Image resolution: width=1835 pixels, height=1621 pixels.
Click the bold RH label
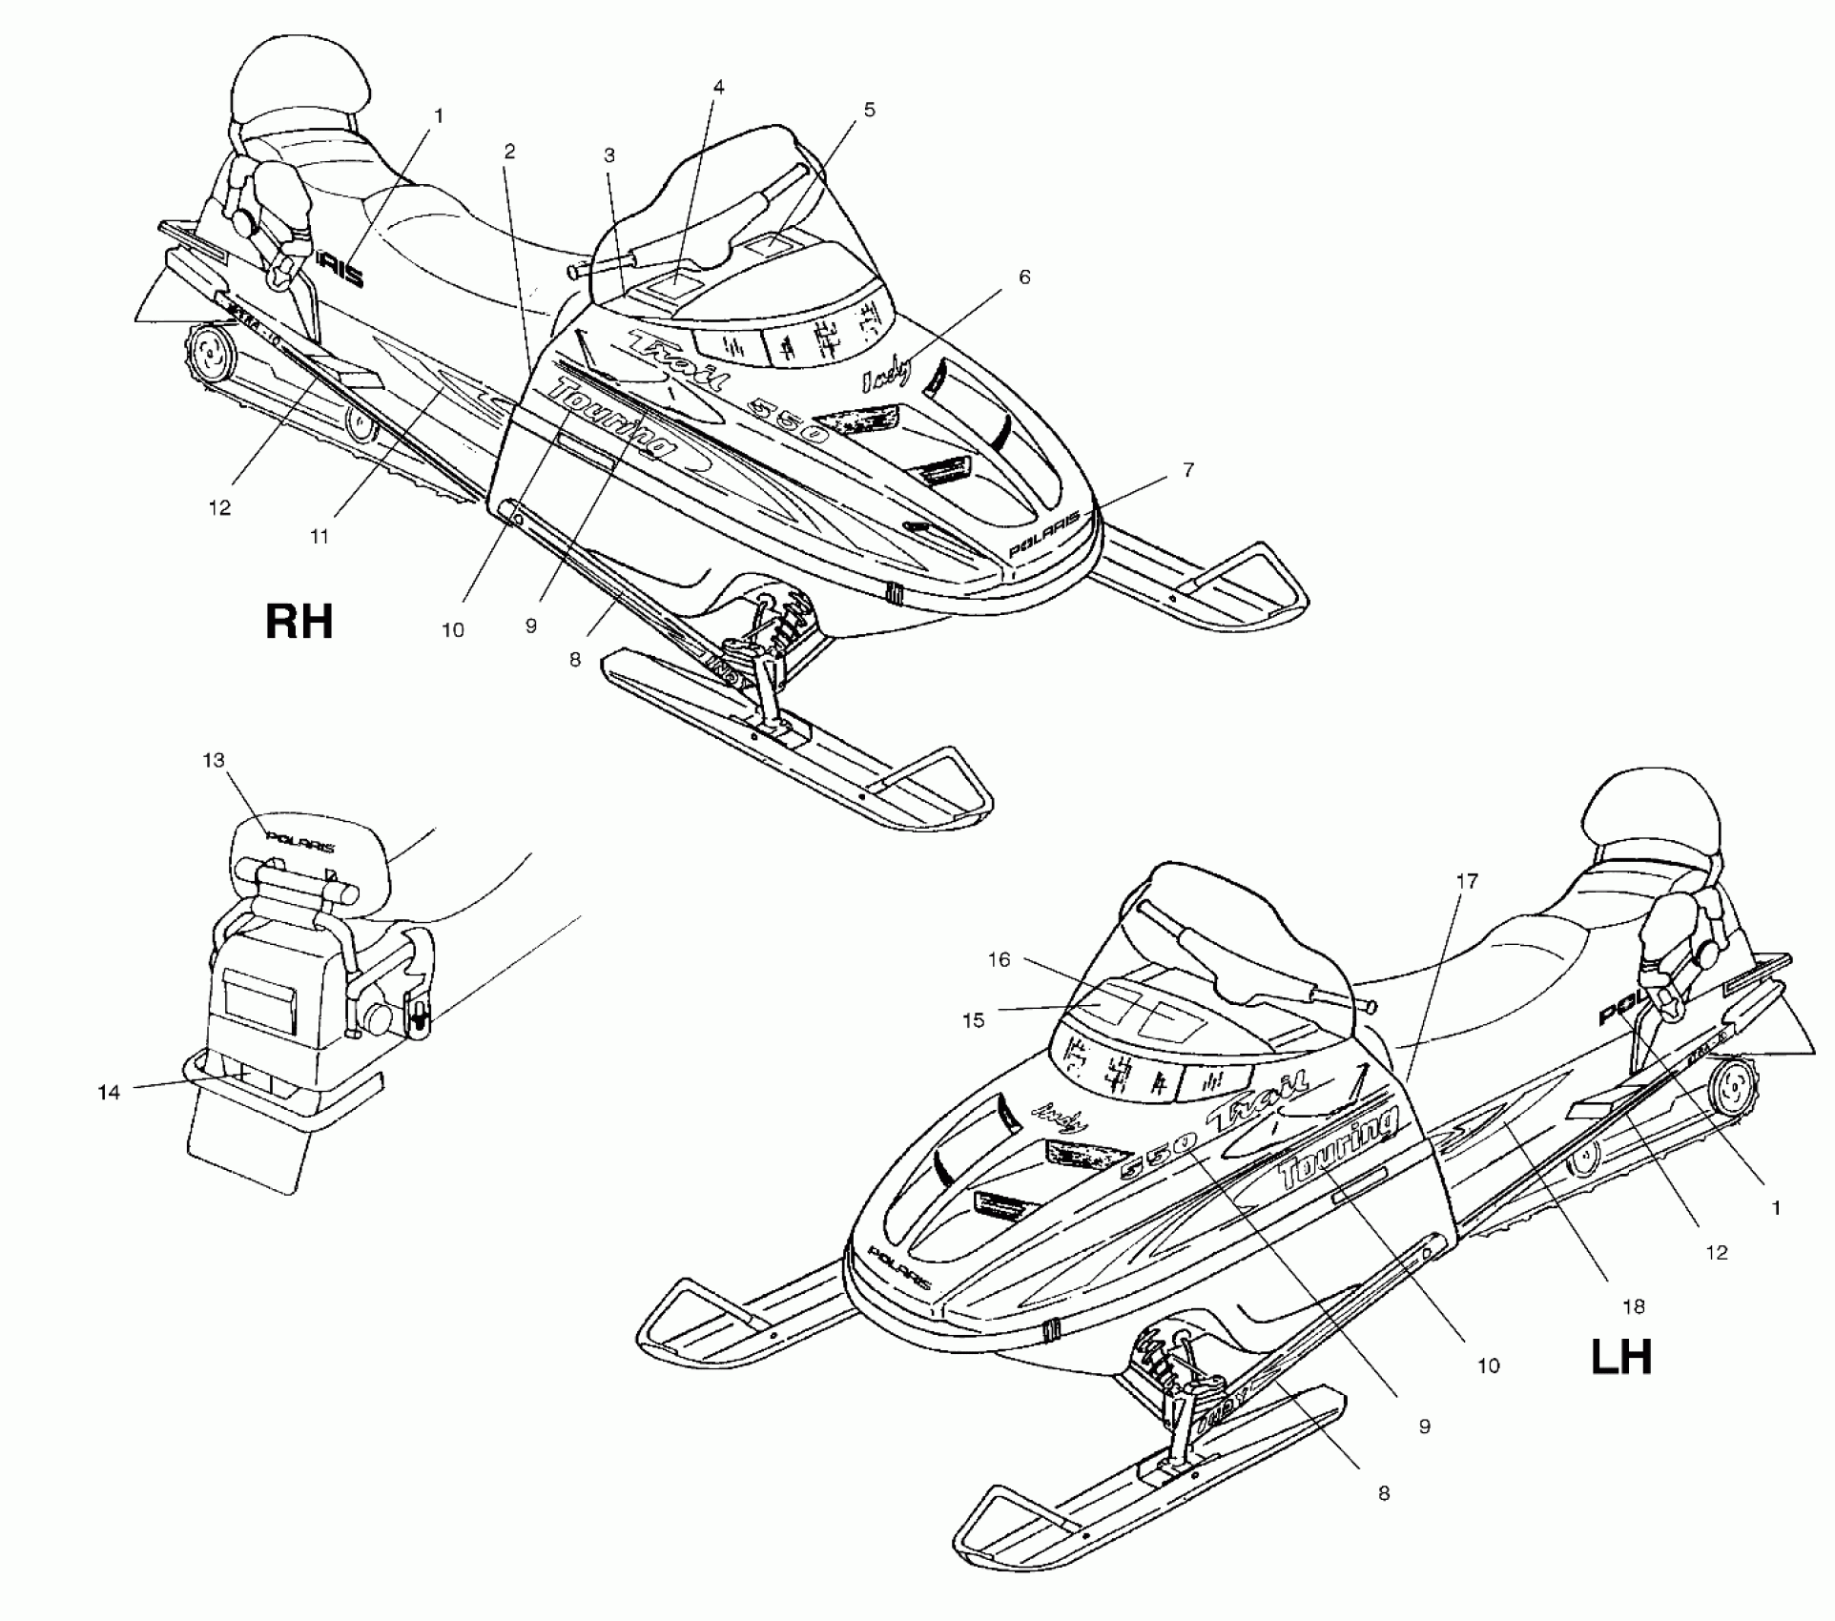tap(299, 621)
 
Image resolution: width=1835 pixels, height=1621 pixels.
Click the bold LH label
tap(1621, 1357)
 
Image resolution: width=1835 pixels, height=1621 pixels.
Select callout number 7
tap(1188, 469)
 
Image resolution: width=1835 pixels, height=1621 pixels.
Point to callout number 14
tap(110, 1093)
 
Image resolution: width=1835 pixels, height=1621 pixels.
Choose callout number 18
tap(1634, 1307)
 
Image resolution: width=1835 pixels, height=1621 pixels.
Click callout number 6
tap(1024, 277)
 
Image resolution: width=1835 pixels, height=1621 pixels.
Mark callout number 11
tap(320, 537)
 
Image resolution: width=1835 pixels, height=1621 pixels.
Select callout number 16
tap(999, 959)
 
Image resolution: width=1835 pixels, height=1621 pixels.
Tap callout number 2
tap(510, 151)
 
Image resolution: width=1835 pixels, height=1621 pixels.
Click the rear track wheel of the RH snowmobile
tap(212, 359)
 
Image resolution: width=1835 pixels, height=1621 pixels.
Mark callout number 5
tap(869, 110)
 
